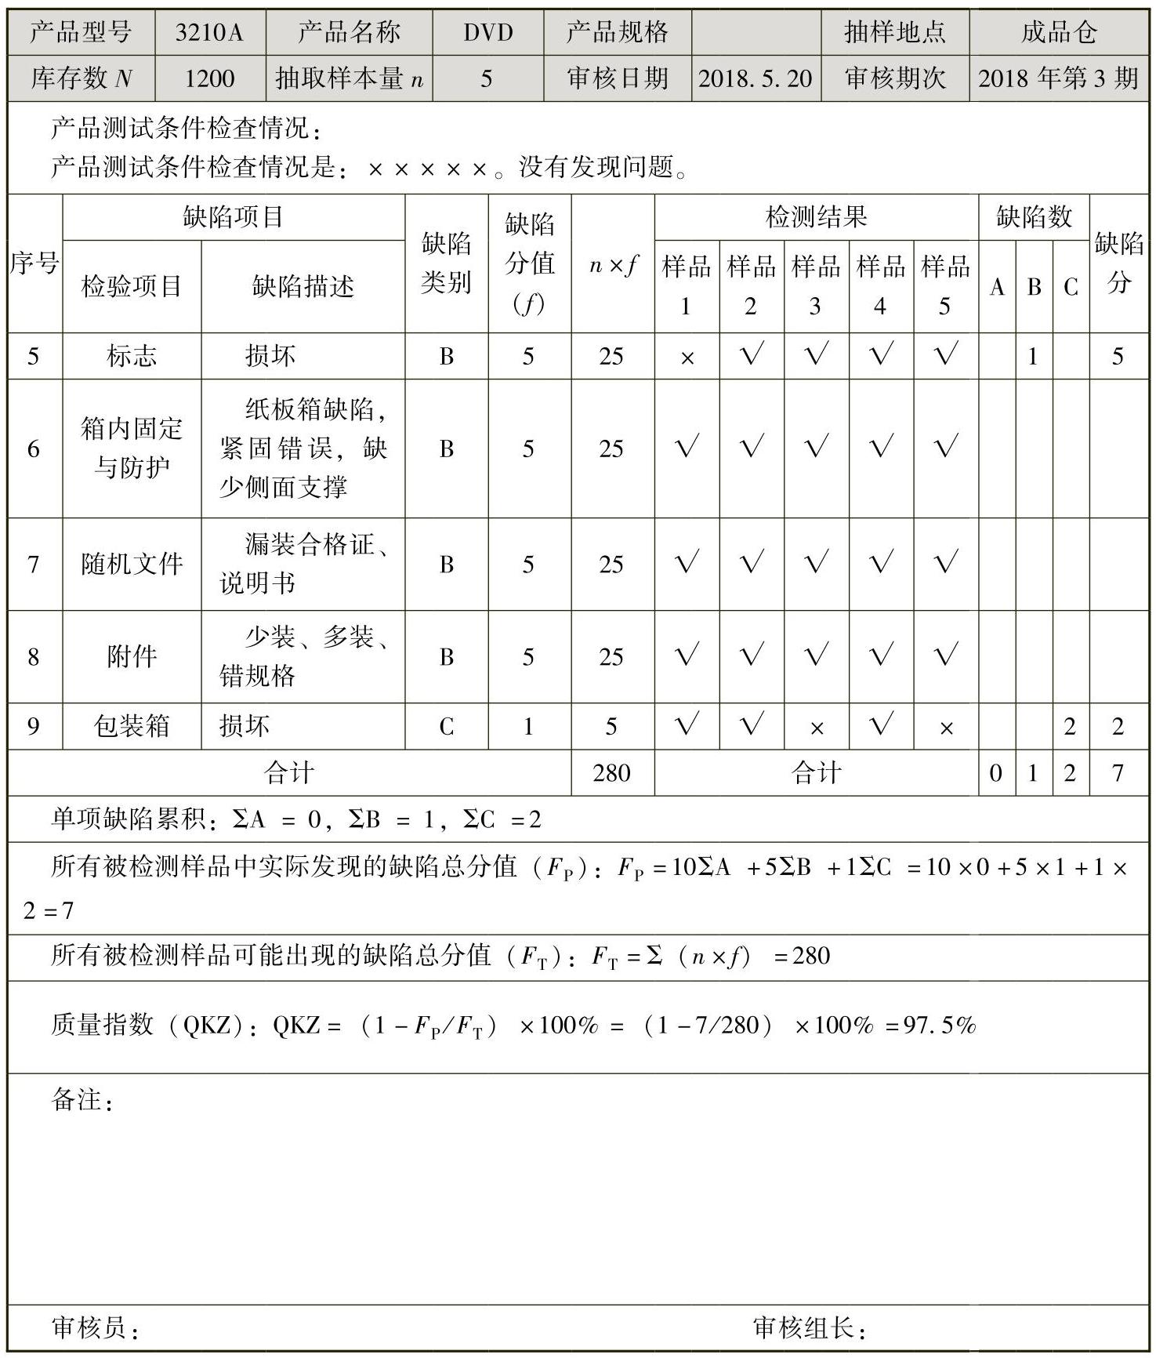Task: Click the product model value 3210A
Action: [209, 32]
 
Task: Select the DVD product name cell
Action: [487, 32]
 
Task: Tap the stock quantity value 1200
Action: [209, 78]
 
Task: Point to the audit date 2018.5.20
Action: [756, 78]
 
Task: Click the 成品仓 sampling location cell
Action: [1058, 32]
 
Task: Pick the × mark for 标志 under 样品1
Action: [687, 358]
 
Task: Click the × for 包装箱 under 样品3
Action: [816, 728]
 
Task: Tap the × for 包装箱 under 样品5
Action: [945, 728]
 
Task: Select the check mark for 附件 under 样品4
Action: [880, 655]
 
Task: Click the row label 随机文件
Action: [132, 564]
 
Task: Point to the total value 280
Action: [611, 773]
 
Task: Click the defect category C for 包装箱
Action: [446, 727]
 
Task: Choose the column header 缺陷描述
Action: [303, 286]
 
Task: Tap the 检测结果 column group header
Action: [816, 217]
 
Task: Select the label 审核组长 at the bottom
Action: [802, 1327]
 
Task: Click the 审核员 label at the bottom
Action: [89, 1327]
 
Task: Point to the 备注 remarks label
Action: [76, 1100]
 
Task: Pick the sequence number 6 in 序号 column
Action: [34, 448]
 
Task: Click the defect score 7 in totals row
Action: [1118, 773]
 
